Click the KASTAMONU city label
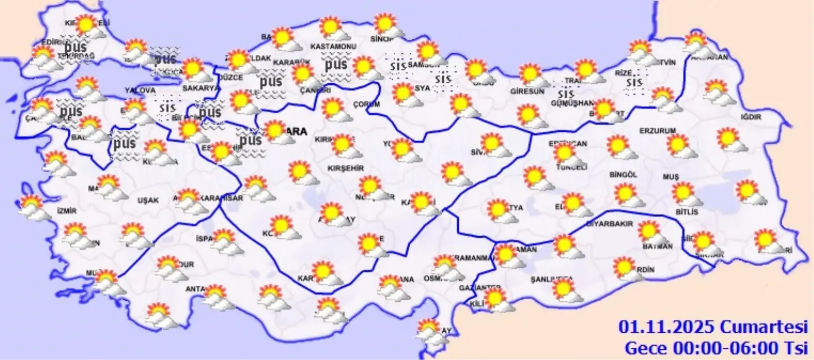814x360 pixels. click(333, 47)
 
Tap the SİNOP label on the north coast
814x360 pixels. click(382, 38)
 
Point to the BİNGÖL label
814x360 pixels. click(624, 174)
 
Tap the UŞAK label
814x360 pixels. click(148, 201)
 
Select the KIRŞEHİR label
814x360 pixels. click(345, 168)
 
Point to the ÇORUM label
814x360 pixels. click(366, 105)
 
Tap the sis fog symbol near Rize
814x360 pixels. click(634, 83)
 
